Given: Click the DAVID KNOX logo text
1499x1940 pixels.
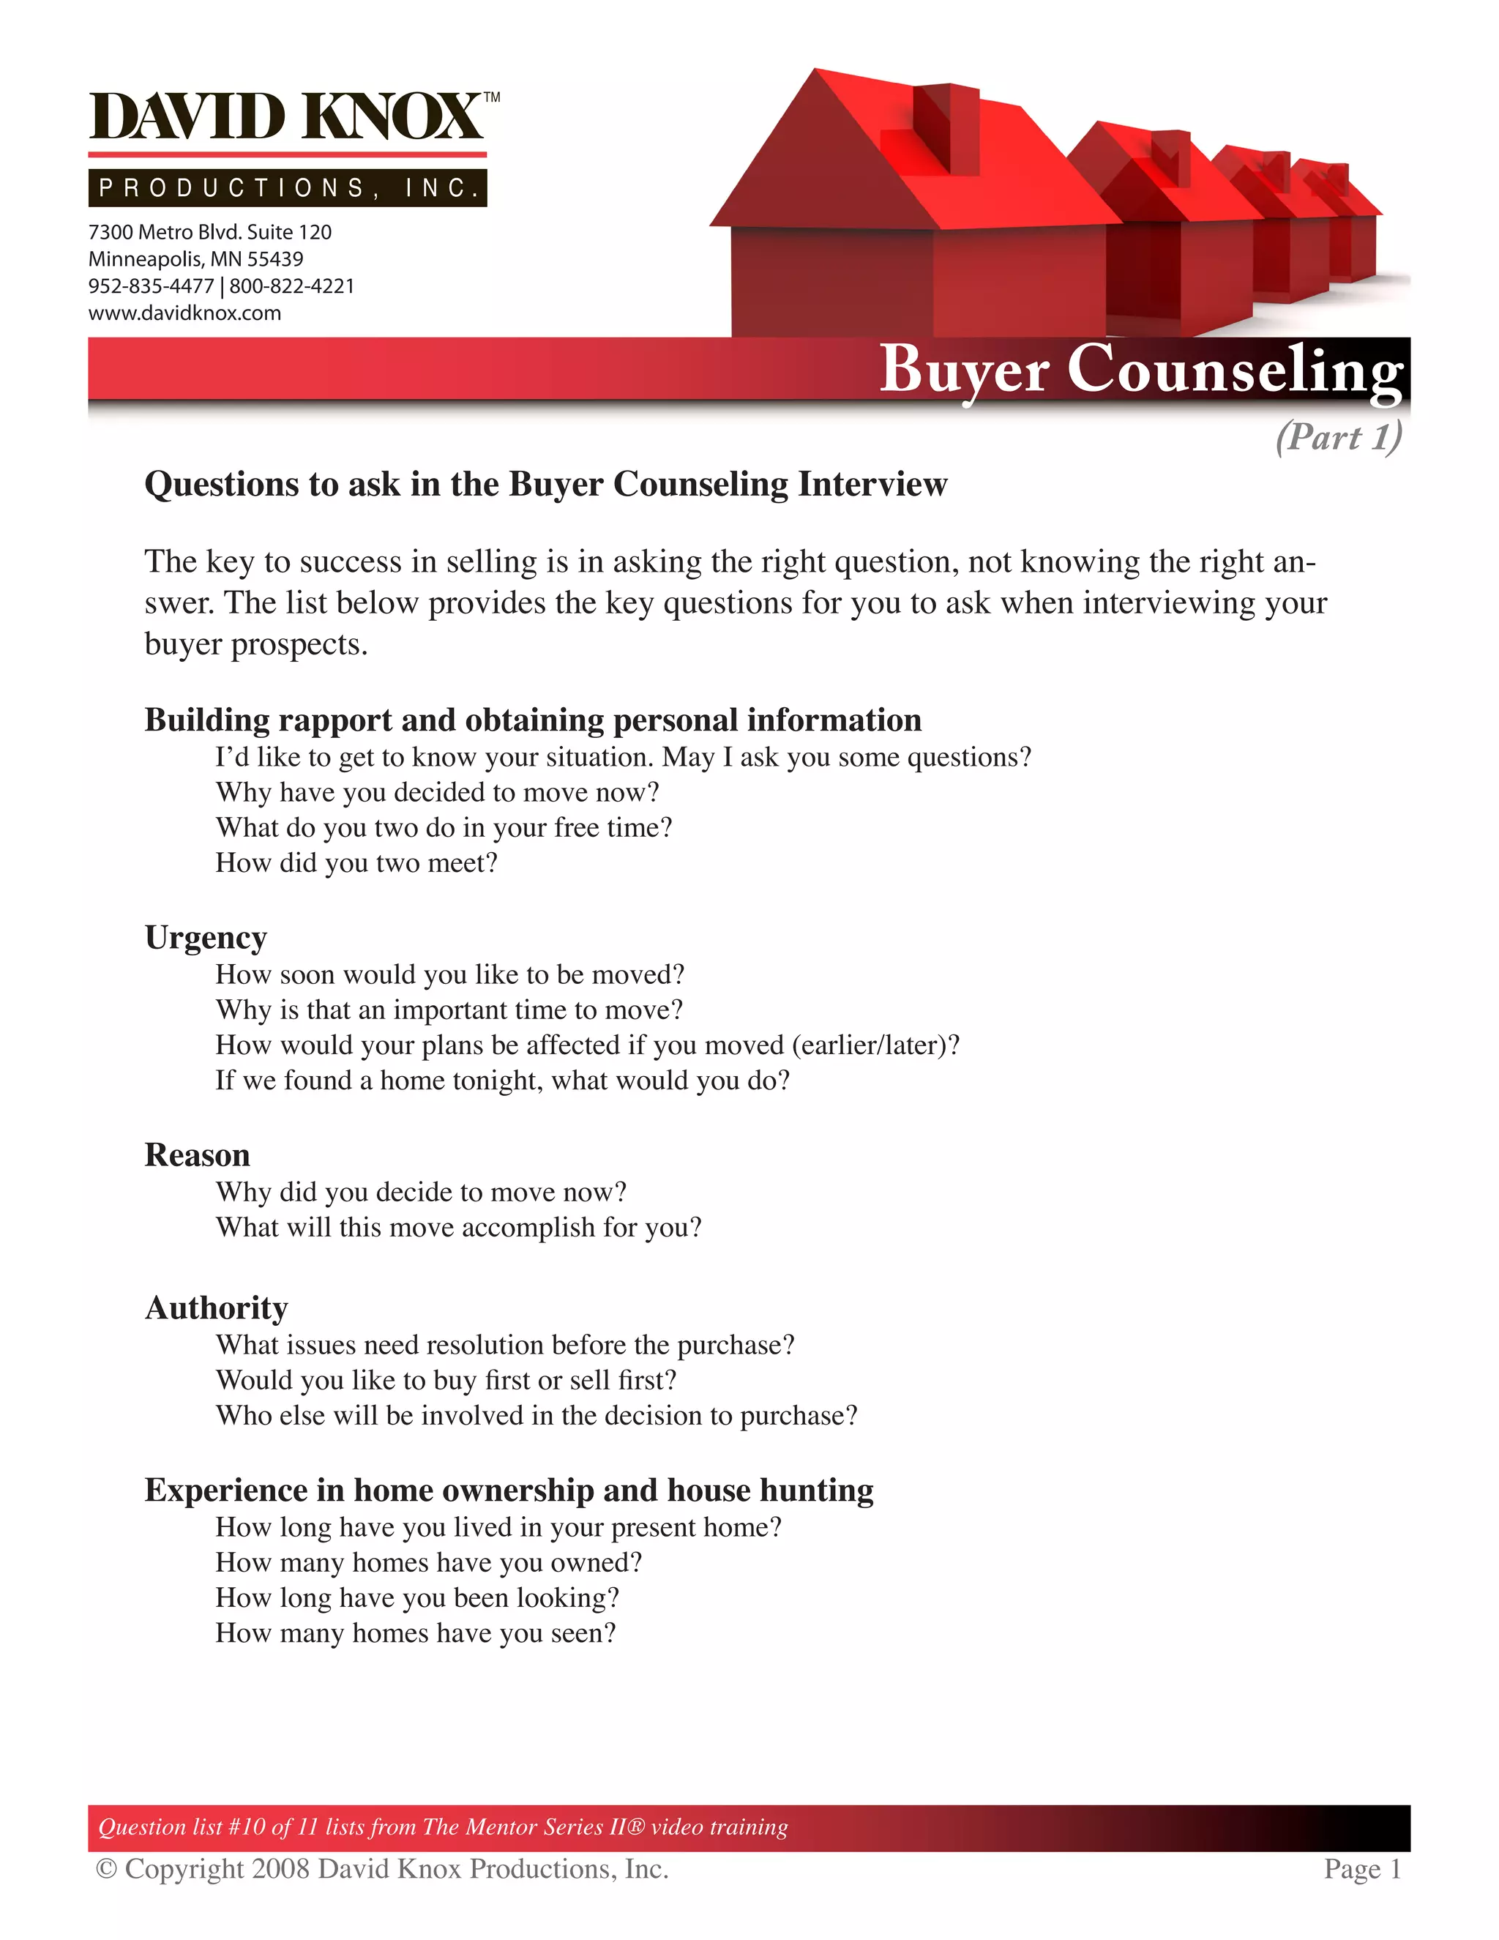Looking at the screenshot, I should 287,117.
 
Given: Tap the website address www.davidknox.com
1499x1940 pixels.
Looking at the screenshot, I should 184,313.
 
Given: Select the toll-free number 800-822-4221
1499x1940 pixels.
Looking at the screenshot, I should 292,286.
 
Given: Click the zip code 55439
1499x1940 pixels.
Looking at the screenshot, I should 275,259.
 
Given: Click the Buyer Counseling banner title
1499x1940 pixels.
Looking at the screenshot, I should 1141,370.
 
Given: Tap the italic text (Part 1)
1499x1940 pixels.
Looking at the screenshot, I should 1338,436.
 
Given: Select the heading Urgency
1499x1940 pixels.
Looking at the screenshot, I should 206,938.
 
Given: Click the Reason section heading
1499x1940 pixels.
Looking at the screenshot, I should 197,1154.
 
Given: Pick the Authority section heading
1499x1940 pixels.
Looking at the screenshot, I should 217,1307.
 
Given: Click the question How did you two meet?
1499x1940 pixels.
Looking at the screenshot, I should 356,862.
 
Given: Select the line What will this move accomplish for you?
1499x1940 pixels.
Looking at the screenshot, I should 458,1227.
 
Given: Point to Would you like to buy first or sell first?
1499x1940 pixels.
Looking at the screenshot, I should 446,1379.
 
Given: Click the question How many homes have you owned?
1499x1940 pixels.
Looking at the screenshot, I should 428,1562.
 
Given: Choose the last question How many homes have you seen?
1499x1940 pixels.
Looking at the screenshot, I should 416,1633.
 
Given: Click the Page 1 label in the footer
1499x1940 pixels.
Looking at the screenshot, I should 1361,1869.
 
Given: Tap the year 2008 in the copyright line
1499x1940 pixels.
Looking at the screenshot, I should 280,1869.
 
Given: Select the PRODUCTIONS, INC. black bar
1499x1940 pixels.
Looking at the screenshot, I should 287,187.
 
